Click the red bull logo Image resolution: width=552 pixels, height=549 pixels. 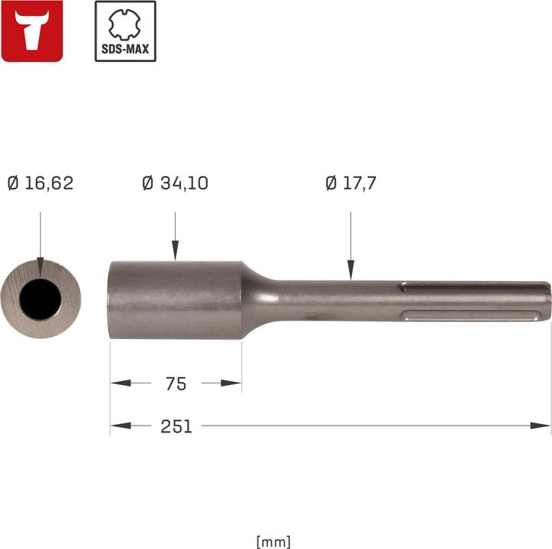coord(32,31)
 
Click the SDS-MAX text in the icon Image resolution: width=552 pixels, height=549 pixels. coord(125,51)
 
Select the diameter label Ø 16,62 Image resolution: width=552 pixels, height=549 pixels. coord(40,183)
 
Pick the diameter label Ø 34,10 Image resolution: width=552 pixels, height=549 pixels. coord(176,183)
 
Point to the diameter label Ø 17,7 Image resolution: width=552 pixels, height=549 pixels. coord(350,183)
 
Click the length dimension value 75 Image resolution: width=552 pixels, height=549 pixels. coord(176,383)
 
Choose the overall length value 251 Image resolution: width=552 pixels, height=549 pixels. coord(176,426)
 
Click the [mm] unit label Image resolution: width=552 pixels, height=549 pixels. coord(274,541)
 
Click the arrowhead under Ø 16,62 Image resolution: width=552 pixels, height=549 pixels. coord(41,265)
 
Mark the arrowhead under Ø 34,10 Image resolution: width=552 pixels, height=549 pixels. coord(176,250)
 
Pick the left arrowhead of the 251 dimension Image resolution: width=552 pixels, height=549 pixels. coord(119,426)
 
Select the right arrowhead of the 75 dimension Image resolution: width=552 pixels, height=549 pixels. coord(233,383)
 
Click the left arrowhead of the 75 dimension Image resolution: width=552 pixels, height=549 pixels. coord(119,383)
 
